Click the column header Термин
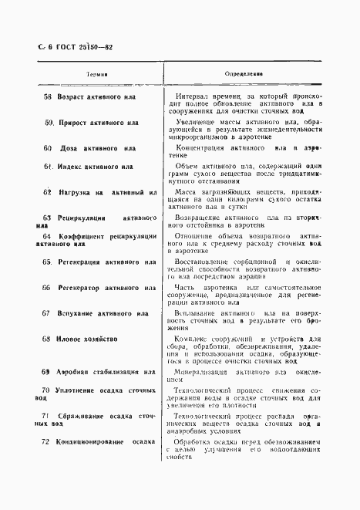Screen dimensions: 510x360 coord(95,74)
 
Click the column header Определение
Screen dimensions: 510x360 coord(244,74)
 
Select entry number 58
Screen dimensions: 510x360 coord(48,98)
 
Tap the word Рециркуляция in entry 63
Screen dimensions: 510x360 coord(84,218)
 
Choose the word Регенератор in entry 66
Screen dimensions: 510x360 coord(84,287)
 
